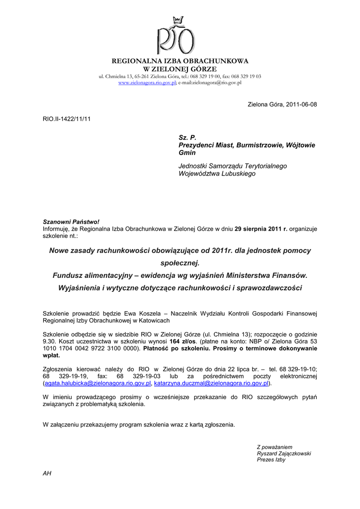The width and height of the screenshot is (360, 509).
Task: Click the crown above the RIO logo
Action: (x=178, y=20)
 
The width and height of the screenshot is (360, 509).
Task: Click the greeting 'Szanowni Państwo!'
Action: (x=68, y=222)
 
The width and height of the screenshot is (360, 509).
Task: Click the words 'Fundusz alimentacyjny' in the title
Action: (x=92, y=275)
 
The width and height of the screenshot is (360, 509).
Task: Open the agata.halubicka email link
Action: (x=97, y=384)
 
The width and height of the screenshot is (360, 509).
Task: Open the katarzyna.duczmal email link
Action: (x=211, y=384)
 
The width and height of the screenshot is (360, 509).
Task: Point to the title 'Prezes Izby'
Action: (x=271, y=460)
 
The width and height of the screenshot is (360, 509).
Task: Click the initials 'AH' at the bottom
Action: (x=47, y=473)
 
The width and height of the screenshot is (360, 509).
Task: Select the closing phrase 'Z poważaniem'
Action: (x=274, y=447)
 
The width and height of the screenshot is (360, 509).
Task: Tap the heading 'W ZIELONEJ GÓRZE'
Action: (x=180, y=68)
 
